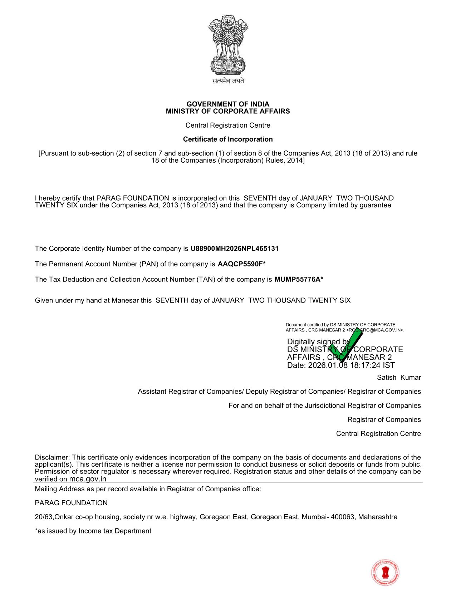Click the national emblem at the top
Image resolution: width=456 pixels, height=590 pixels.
click(228, 44)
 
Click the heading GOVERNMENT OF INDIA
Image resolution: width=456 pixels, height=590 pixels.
click(228, 104)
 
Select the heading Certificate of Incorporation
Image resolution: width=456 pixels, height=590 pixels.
click(228, 139)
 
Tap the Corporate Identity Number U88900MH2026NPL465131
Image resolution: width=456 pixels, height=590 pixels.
click(234, 249)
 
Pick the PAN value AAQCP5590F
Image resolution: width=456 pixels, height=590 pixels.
click(240, 264)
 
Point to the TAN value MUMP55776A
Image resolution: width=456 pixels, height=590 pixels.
click(297, 279)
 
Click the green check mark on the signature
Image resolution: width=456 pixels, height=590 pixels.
click(345, 345)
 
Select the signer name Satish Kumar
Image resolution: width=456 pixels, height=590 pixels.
click(399, 378)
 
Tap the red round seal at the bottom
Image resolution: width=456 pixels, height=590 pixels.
click(385, 572)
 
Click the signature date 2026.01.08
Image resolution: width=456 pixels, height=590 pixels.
click(328, 365)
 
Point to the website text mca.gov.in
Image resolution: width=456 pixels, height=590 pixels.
click(88, 479)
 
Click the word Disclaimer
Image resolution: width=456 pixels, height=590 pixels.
click(53, 457)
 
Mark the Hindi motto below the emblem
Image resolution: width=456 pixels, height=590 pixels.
click(228, 81)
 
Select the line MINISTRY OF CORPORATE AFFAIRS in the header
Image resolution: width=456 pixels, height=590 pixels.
click(228, 111)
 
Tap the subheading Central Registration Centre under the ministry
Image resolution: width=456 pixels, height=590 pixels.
click(228, 125)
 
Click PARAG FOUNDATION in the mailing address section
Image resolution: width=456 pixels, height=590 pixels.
click(71, 503)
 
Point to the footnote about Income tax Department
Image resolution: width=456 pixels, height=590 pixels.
click(93, 531)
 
